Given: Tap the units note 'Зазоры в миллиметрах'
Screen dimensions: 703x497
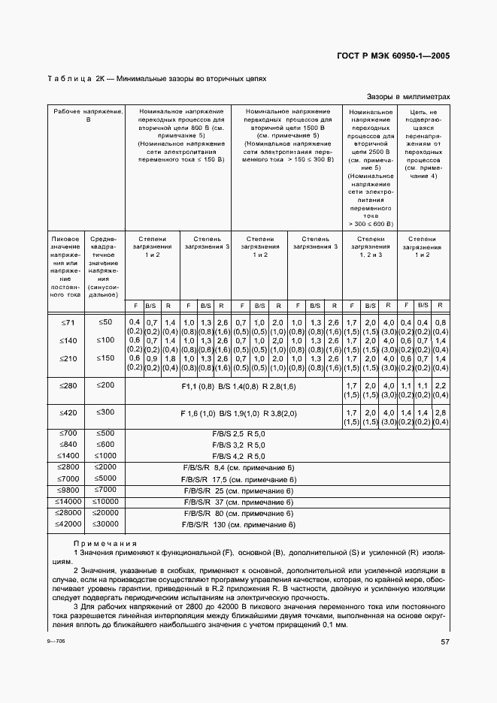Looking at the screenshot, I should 408,97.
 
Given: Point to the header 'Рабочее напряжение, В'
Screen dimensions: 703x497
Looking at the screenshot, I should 86,115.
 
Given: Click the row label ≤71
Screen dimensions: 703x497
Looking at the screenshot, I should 66,322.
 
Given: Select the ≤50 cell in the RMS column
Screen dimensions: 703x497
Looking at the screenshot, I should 105,322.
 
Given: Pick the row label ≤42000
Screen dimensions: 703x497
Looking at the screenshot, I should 66,523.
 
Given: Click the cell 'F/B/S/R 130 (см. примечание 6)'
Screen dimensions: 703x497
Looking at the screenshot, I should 239,524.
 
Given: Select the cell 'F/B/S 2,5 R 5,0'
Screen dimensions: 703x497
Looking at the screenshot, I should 239,434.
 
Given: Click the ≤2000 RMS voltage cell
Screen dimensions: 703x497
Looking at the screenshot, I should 105,467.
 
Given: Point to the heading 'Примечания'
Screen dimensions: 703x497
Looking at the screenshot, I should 105,543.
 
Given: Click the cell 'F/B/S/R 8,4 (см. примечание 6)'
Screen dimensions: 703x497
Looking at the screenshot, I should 239,467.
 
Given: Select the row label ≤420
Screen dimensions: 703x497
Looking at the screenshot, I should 66,412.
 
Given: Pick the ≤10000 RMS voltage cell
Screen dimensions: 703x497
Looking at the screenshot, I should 105,501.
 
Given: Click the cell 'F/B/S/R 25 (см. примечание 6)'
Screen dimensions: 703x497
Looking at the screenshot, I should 239,490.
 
